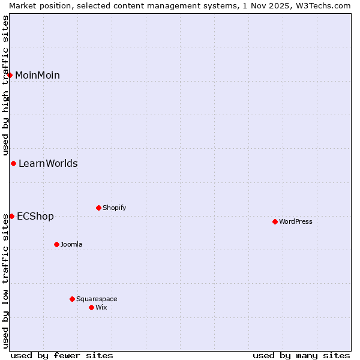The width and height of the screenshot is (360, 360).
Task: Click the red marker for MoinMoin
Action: pos(10,75)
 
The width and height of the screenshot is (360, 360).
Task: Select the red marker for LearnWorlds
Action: pos(13,163)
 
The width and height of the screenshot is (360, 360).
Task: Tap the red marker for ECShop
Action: pos(11,216)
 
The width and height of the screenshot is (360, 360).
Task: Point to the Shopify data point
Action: pos(98,208)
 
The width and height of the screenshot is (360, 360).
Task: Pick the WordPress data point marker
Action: pos(275,221)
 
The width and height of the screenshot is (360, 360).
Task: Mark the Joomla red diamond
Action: pos(56,244)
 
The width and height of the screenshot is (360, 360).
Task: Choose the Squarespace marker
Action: pos(72,299)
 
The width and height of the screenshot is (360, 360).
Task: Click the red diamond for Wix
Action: pos(91,307)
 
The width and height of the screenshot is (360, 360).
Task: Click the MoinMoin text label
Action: pos(37,75)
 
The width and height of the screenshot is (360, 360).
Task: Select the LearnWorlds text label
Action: pos(48,163)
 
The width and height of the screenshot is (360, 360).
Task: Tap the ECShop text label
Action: pos(35,216)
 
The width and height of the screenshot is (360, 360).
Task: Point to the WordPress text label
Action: pos(295,221)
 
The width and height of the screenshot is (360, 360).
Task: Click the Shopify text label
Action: pos(114,208)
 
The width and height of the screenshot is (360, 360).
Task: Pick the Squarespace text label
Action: pos(97,299)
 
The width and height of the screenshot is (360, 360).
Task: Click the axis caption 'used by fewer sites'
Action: pos(62,355)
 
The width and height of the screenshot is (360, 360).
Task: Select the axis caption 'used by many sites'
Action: pos(301,355)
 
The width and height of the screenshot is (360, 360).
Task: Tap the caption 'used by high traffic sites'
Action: pos(5,84)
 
